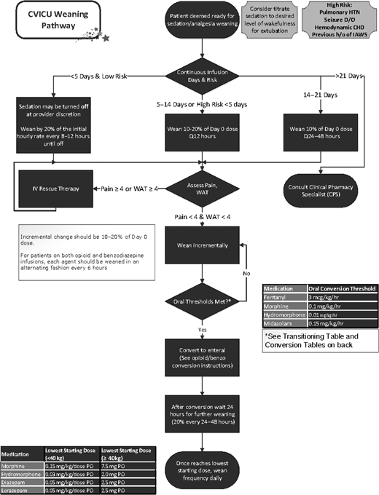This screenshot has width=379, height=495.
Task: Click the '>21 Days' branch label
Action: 351,75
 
